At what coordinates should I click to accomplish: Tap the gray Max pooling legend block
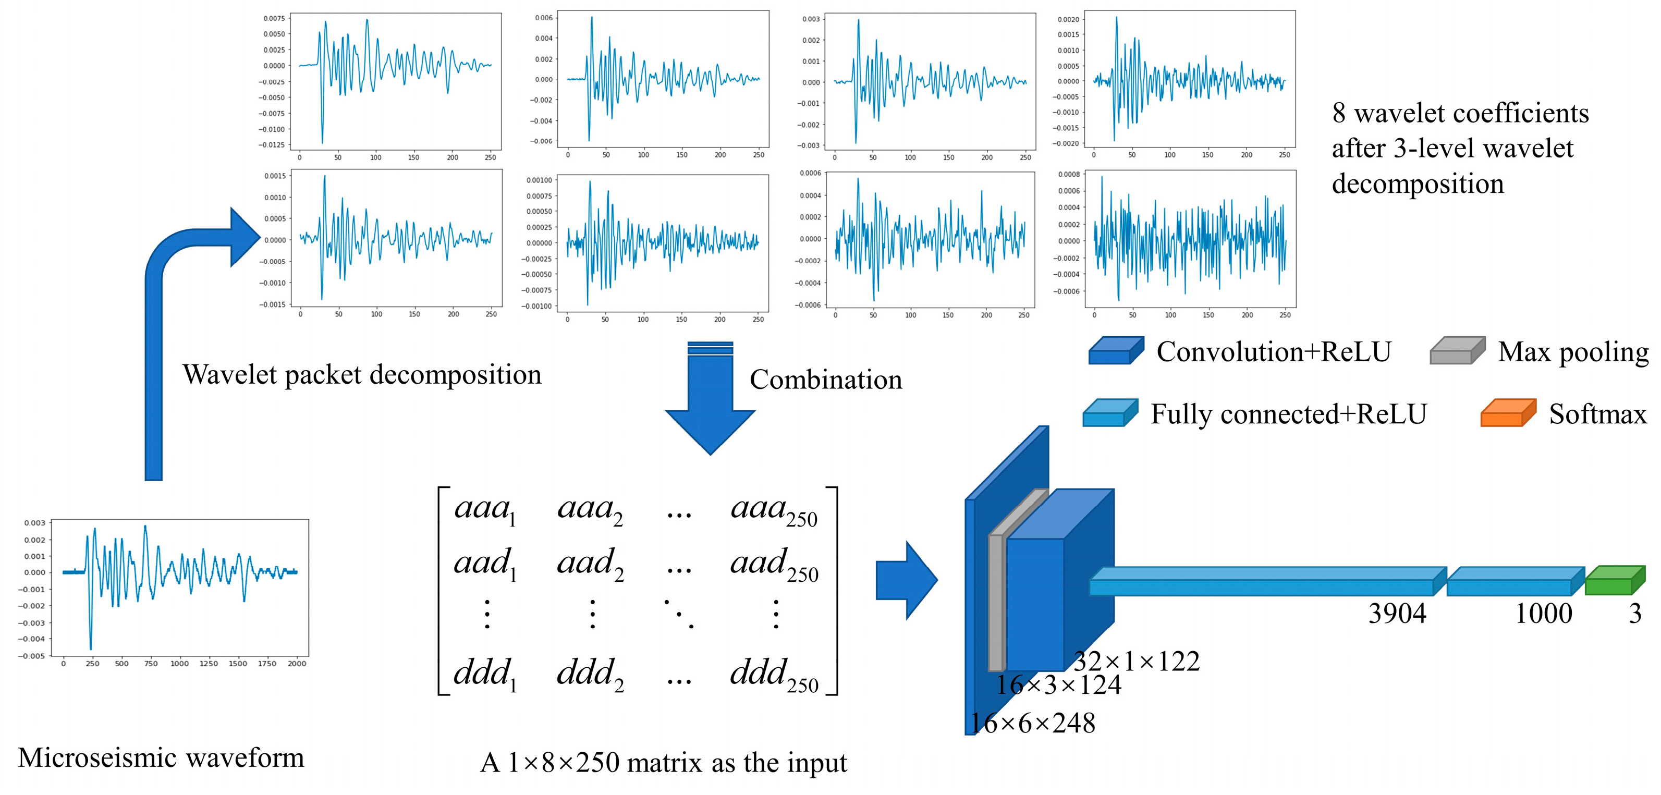point(1457,351)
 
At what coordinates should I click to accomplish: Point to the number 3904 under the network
point(1397,613)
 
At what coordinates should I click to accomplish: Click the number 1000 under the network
point(1543,613)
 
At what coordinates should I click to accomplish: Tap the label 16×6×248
point(1032,724)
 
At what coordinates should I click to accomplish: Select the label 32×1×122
point(1136,662)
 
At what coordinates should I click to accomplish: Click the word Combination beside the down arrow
point(825,379)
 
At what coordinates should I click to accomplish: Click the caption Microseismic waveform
point(161,757)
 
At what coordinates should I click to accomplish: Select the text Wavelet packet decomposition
point(362,375)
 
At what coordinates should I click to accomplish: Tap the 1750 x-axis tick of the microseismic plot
point(266,664)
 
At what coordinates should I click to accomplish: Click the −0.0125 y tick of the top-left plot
point(272,145)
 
